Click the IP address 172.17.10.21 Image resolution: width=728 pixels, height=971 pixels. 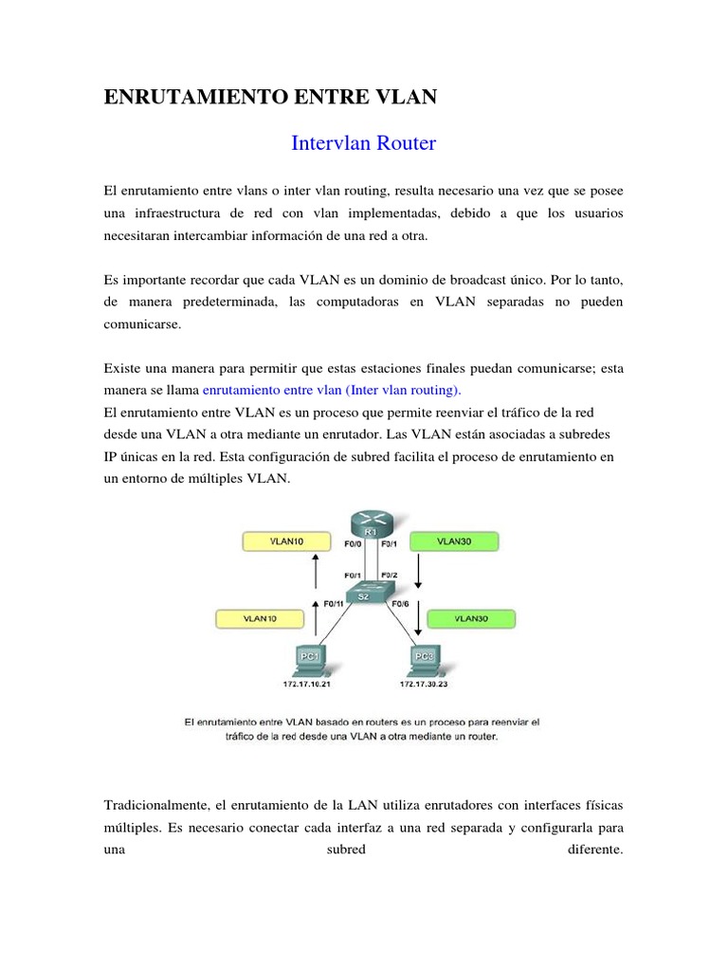tap(310, 683)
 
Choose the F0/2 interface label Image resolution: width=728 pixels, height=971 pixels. tap(390, 575)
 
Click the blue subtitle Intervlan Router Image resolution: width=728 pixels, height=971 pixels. tap(363, 144)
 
